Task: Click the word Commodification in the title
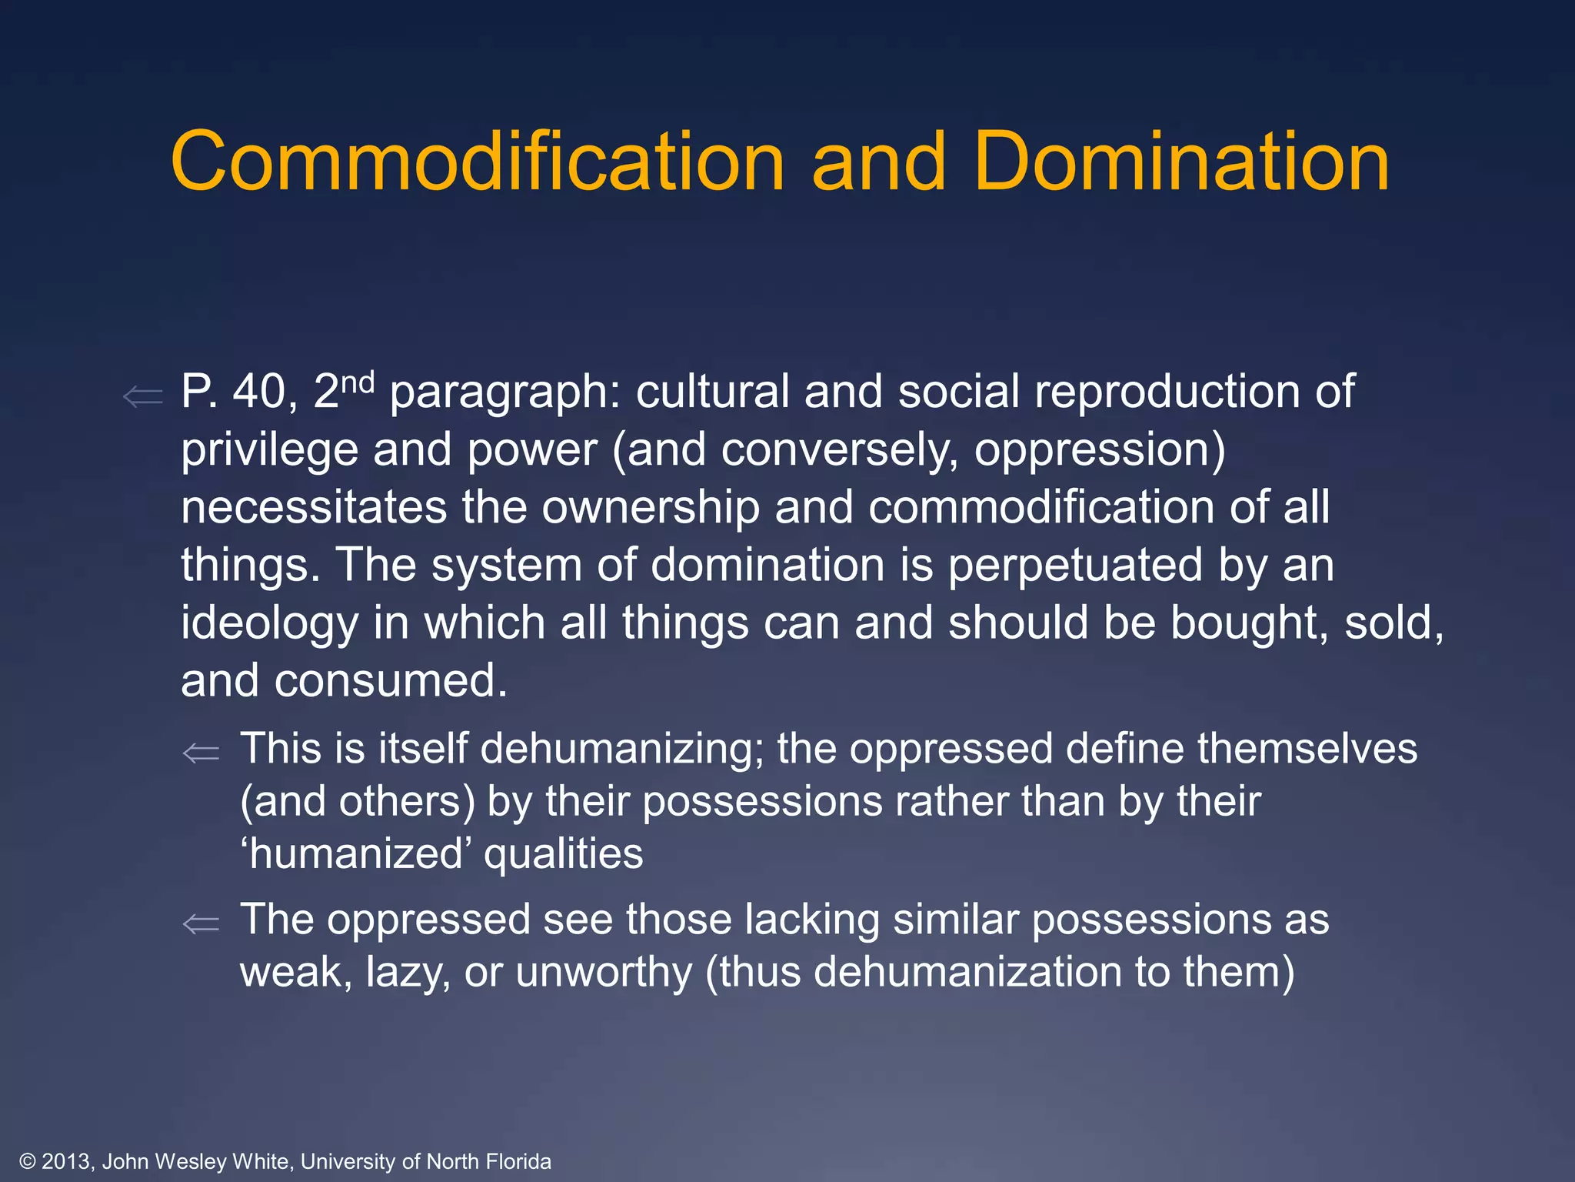point(477,162)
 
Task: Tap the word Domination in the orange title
point(1181,162)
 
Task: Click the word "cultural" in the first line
point(712,392)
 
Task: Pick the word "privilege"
point(269,450)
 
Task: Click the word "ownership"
point(651,509)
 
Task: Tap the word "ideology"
point(269,623)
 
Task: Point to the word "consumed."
point(391,681)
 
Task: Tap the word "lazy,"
point(408,973)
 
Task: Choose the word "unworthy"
point(604,973)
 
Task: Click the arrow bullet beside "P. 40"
point(143,397)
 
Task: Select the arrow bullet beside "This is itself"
point(201,753)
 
